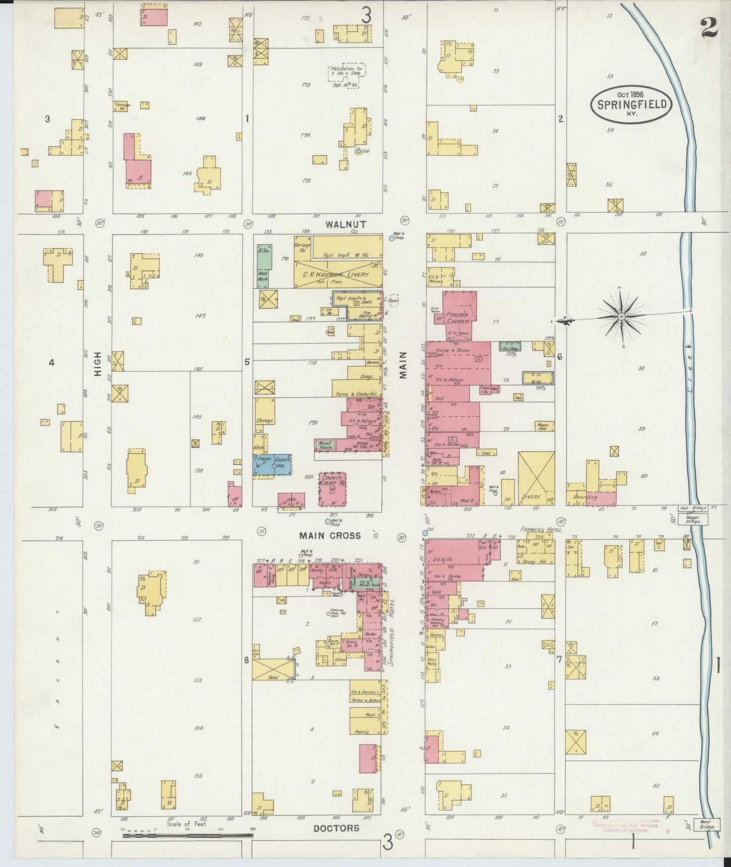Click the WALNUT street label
click(346, 223)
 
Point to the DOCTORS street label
click(336, 828)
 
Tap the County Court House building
click(332, 489)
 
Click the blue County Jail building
click(273, 464)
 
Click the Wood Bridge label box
click(707, 824)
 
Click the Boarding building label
click(586, 497)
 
